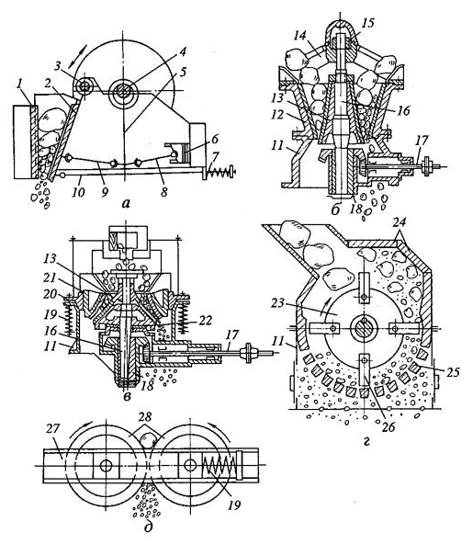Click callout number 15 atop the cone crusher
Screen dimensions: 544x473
(x=369, y=21)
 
